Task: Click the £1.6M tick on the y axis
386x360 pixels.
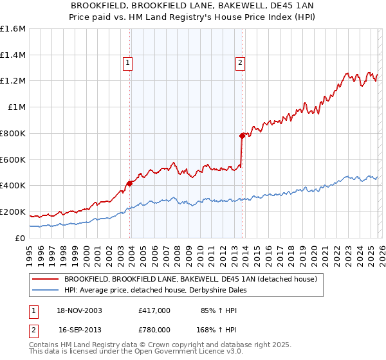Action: pyautogui.click(x=13, y=29)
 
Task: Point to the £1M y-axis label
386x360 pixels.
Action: pyautogui.click(x=16, y=107)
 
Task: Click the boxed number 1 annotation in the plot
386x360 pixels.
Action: pyautogui.click(x=128, y=63)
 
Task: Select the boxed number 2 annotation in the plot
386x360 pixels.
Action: pyautogui.click(x=240, y=63)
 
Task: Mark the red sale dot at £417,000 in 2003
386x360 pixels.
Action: pyautogui.click(x=129, y=183)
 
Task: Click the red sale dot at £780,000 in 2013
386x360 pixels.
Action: pyautogui.click(x=243, y=136)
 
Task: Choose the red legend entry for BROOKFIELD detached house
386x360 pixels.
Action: pyautogui.click(x=190, y=279)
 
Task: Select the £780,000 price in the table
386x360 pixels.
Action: pyautogui.click(x=154, y=328)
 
